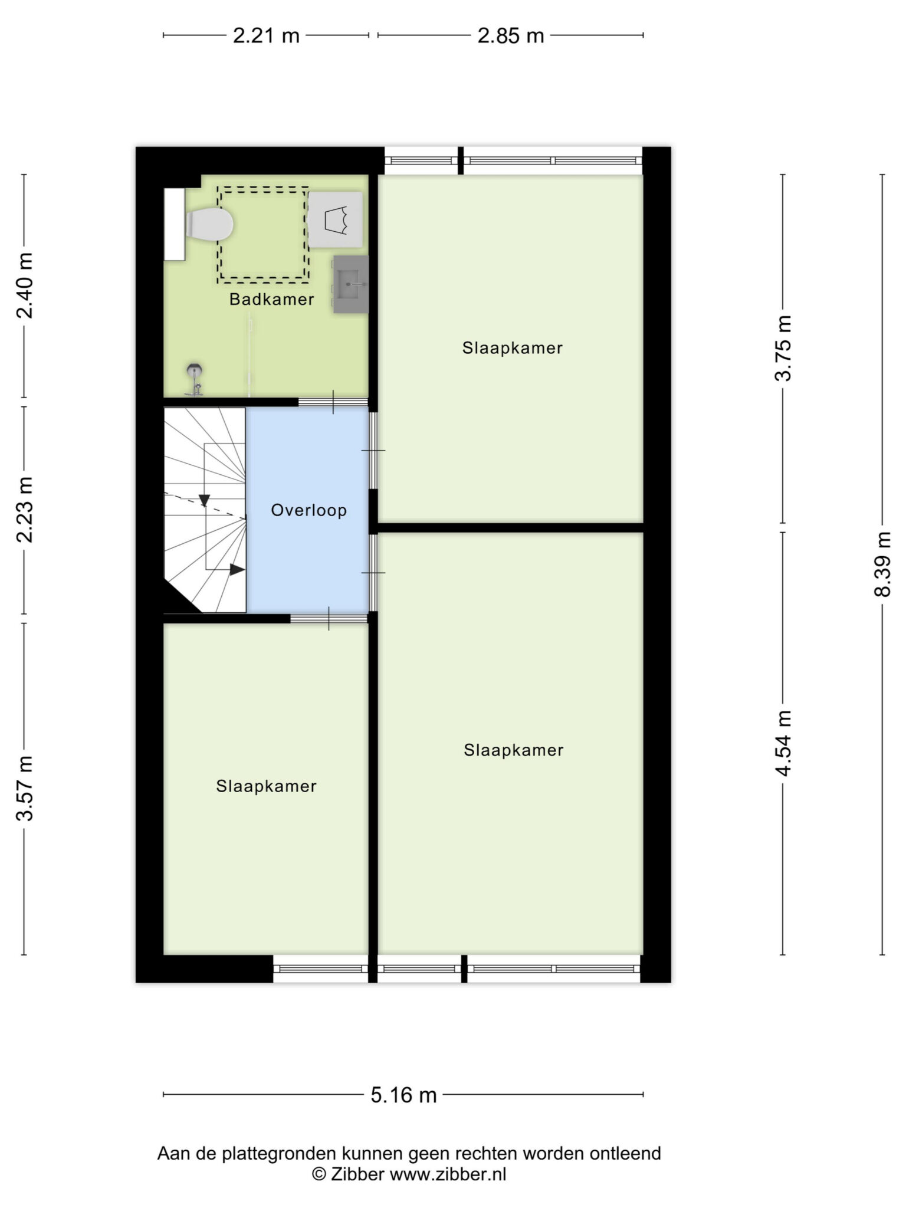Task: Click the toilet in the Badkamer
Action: (209, 225)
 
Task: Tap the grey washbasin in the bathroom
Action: (351, 284)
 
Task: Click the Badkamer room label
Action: (271, 299)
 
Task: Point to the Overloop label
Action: (308, 510)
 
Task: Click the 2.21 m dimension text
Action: (266, 36)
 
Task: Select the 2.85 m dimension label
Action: (510, 36)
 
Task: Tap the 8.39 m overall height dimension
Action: (882, 564)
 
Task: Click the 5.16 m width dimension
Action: (403, 1095)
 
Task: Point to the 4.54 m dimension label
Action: (783, 743)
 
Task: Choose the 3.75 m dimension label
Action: (783, 349)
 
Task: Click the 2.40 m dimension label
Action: (24, 285)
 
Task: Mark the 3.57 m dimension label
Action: (24, 788)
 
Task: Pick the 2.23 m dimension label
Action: (24, 510)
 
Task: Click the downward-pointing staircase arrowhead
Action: (204, 500)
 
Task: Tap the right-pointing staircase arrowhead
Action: (237, 570)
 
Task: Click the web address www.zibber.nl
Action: (448, 1174)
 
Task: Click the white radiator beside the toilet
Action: (174, 224)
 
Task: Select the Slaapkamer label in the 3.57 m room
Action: (266, 786)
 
